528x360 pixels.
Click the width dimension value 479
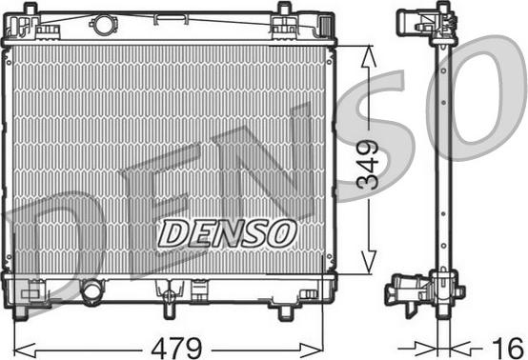[176, 348]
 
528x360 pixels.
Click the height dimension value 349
[368, 164]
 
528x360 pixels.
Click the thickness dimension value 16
[507, 349]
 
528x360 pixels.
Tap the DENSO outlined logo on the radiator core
[227, 234]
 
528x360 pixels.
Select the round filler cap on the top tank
[105, 24]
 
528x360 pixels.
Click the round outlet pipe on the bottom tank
[91, 291]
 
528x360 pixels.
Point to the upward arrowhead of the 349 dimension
[369, 56]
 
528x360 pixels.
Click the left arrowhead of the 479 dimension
[24, 350]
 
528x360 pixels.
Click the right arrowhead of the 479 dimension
[312, 350]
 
